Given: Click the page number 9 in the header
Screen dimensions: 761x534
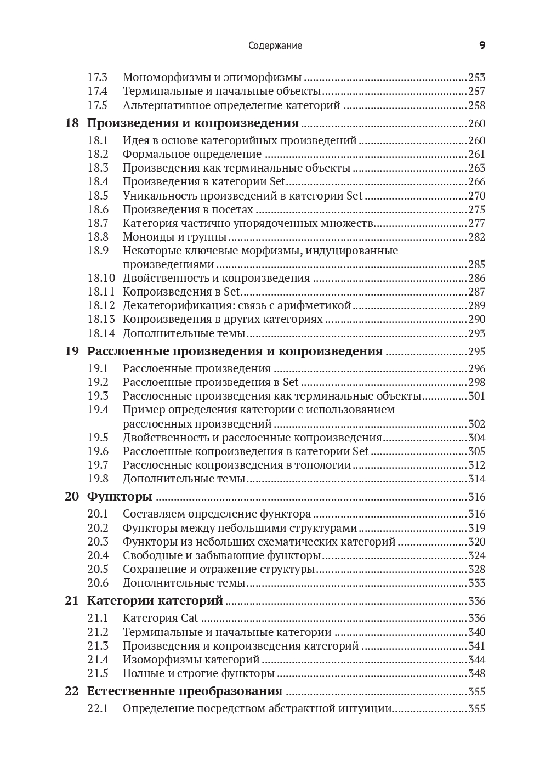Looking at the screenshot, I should pos(482,46).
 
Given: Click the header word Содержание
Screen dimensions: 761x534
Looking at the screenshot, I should pos(275,46).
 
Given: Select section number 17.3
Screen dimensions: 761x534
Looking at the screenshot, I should pos(97,77).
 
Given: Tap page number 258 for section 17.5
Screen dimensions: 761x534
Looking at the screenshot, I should pos(476,105).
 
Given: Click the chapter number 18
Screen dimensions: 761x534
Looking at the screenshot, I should pos(72,123).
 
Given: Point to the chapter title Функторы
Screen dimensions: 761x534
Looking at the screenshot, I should pos(120,497).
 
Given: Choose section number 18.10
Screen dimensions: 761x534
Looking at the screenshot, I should pos(101,278).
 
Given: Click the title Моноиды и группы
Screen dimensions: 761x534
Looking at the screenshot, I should pos(174,237).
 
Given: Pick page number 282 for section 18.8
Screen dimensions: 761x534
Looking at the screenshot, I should pos(476,237).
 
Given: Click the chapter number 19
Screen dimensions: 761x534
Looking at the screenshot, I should pos(72,351).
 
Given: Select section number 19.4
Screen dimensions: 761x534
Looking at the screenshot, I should pos(98,410).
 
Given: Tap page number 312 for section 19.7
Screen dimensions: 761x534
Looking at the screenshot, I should pos(476,465).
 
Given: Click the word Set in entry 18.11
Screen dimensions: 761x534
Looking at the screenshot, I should pos(232,292).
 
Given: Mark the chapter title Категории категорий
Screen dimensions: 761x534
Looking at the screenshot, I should pos(155,600).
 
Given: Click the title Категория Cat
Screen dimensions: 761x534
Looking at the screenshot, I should pos(160,618).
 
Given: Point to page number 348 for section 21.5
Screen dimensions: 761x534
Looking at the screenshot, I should pos(476,673).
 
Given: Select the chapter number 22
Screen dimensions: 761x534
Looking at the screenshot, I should pos(72,691).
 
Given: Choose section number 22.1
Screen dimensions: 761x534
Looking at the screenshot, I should pos(98,708).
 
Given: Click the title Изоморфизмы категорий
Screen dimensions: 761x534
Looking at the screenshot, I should pos(191,660).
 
